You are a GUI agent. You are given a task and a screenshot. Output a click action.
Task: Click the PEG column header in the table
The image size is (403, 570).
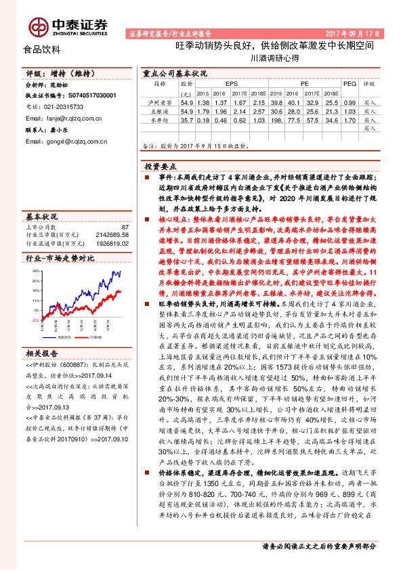pyautogui.click(x=349, y=83)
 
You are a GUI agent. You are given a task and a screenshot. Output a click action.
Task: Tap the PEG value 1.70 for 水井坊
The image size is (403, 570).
pyautogui.click(x=349, y=119)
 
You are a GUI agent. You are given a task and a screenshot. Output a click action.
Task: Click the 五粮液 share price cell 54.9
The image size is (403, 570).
pyautogui.click(x=187, y=110)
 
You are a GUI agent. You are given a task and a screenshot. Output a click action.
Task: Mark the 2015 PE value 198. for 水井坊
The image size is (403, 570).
pyautogui.click(x=276, y=119)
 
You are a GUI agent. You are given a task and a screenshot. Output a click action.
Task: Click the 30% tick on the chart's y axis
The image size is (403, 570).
pyautogui.click(x=35, y=271)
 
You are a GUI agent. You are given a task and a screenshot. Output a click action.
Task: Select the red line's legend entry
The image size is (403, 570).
pyautogui.click(x=91, y=334)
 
